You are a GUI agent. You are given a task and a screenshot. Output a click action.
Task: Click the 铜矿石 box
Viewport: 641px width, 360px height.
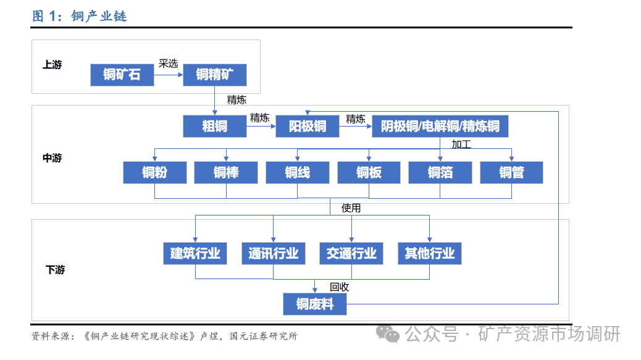tap(122, 75)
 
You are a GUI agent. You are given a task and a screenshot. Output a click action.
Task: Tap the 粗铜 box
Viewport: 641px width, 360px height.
tap(215, 127)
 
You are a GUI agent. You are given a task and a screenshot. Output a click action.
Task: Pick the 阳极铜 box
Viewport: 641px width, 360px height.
tap(308, 127)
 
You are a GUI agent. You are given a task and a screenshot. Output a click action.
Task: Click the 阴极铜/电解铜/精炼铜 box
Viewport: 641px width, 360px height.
tap(440, 127)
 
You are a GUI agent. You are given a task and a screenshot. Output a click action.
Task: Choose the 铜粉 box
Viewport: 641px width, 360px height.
tap(154, 172)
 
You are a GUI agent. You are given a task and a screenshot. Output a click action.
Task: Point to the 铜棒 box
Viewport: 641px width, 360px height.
tap(226, 172)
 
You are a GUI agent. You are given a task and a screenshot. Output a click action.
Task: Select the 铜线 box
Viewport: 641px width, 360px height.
tap(297, 172)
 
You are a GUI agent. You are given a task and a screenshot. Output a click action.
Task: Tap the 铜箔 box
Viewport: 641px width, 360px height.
tap(440, 172)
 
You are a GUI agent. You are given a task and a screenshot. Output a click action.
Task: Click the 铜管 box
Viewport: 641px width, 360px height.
tap(511, 172)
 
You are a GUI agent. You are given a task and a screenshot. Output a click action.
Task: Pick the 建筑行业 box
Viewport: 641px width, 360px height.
tap(195, 253)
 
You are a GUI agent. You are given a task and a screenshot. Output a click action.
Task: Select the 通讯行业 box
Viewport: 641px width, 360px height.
tap(274, 253)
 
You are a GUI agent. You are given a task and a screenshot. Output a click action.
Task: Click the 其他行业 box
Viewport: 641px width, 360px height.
tap(430, 253)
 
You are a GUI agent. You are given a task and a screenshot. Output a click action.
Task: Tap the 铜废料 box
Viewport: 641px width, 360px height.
tap(315, 304)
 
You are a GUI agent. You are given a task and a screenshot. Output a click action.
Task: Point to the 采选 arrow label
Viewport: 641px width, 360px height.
tap(168, 63)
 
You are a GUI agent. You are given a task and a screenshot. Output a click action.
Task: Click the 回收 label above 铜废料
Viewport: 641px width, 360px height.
tap(339, 287)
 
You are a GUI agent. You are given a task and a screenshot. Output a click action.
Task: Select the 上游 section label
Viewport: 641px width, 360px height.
tap(52, 64)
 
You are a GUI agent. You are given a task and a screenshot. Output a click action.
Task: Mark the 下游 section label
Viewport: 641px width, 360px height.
tap(55, 270)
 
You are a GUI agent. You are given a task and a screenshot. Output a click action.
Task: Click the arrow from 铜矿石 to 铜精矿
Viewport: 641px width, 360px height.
tap(169, 75)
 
